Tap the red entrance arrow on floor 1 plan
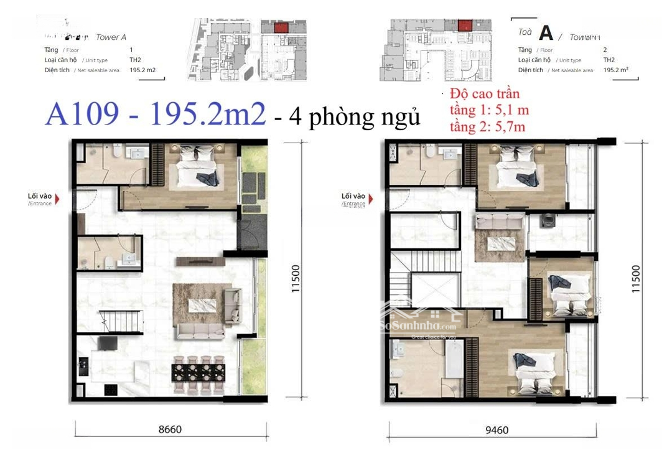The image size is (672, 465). coord(58,200)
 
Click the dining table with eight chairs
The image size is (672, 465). coord(198,372)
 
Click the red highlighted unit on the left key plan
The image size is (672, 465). coord(280,27)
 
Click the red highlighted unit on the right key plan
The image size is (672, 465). coord(464,25)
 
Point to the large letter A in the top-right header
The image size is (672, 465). coord(546,32)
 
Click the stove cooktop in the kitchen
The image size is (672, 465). coord(110,390)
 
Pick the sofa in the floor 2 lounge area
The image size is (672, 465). coord(492,221)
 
